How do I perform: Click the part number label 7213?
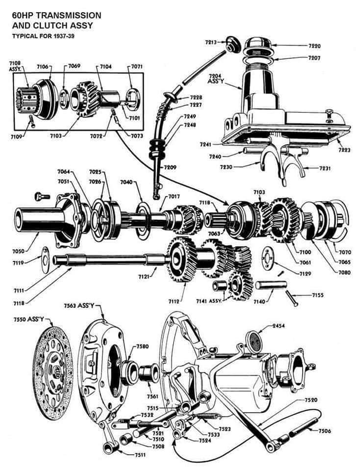pos(211,43)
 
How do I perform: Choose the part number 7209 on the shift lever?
pos(170,167)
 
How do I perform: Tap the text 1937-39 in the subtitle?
pos(68,36)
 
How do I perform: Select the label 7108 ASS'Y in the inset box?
pos(15,66)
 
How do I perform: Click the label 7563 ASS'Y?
pos(79,306)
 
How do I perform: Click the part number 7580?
pos(143,346)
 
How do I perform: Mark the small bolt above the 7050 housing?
pos(42,197)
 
